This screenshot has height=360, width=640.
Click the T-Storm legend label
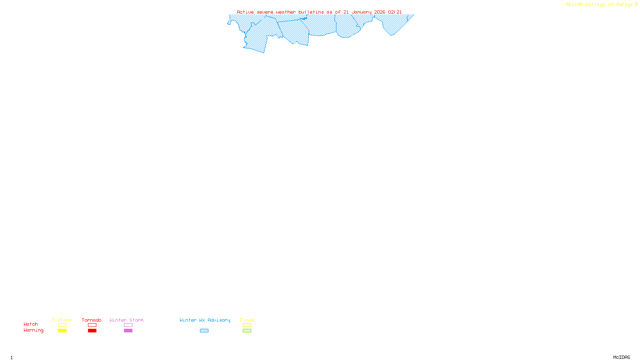(62, 320)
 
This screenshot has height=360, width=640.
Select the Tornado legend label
(92, 320)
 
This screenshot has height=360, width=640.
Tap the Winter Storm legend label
(126, 320)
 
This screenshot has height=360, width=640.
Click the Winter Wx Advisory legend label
(205, 320)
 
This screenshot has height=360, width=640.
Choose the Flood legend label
(247, 320)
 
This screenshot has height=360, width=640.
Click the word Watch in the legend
(31, 324)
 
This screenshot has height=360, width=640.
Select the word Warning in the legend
(34, 330)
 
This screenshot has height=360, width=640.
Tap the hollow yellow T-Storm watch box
(62, 325)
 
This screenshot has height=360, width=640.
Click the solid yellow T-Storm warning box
(62, 331)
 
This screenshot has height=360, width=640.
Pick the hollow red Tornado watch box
(92, 325)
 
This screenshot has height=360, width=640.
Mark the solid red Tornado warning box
(92, 331)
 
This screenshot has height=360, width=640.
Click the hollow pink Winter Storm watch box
(128, 325)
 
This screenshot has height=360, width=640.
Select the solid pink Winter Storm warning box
(128, 331)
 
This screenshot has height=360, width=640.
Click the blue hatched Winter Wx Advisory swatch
(204, 331)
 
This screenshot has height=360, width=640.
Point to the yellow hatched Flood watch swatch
(247, 325)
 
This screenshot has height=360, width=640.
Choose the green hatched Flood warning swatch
(247, 331)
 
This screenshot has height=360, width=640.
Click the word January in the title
(362, 12)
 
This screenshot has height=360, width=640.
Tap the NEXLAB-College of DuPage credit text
(600, 4)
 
